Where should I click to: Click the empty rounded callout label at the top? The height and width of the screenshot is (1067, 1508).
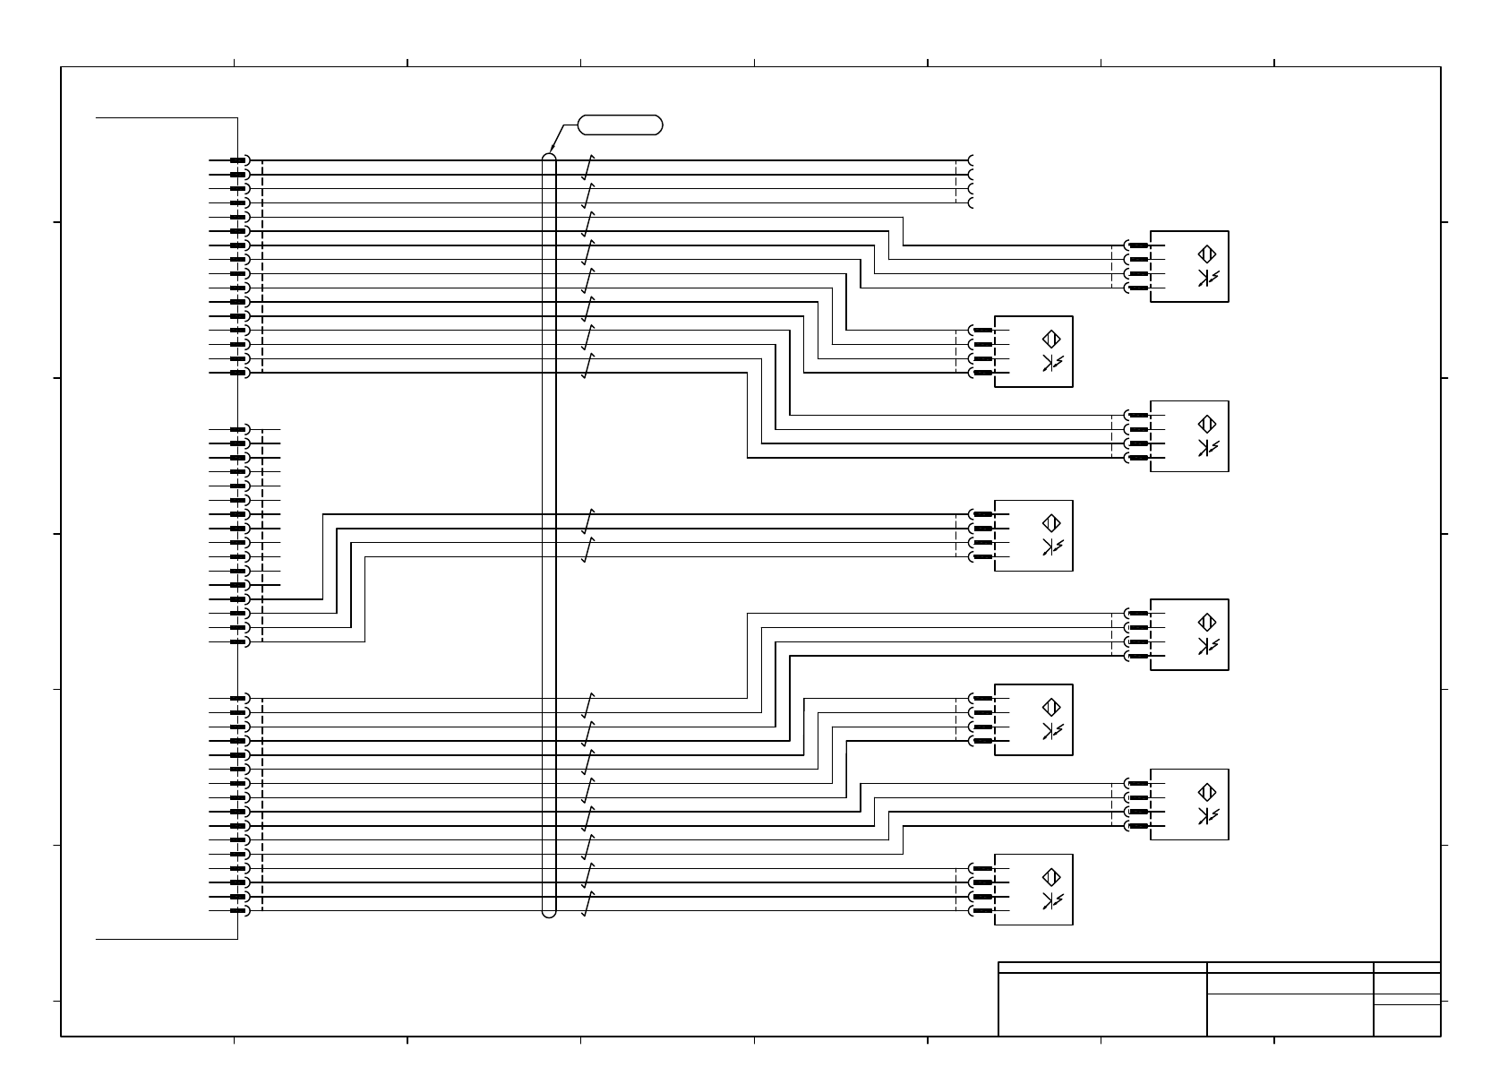pyautogui.click(x=621, y=125)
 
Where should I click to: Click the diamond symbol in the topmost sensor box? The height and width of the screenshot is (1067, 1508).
pyautogui.click(x=1207, y=254)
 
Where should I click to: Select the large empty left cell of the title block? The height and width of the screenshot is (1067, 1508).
pyautogui.click(x=1102, y=1004)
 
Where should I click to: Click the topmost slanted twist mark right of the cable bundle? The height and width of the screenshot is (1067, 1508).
pyautogui.click(x=588, y=168)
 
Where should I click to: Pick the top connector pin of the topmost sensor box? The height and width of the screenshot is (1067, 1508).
pyautogui.click(x=1138, y=245)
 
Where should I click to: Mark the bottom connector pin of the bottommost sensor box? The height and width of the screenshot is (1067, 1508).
pyautogui.click(x=982, y=911)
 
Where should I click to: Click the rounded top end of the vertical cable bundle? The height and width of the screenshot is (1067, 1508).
pyautogui.click(x=550, y=157)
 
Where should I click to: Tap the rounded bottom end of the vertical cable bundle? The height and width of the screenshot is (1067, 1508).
pyautogui.click(x=550, y=914)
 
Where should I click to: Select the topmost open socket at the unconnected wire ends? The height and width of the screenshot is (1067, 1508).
pyautogui.click(x=971, y=160)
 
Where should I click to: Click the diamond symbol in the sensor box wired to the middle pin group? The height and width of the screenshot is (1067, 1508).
pyautogui.click(x=1051, y=522)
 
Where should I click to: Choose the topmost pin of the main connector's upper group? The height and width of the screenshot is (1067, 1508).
pyautogui.click(x=238, y=160)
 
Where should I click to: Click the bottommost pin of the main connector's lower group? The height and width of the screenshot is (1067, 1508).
pyautogui.click(x=238, y=911)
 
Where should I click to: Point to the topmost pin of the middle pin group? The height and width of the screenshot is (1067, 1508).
pyautogui.click(x=238, y=429)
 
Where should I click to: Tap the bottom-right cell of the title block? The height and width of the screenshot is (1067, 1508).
pyautogui.click(x=1407, y=1020)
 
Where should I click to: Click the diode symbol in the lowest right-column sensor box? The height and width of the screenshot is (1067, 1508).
pyautogui.click(x=1207, y=816)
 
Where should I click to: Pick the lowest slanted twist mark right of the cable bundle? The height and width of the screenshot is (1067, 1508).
pyautogui.click(x=588, y=904)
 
